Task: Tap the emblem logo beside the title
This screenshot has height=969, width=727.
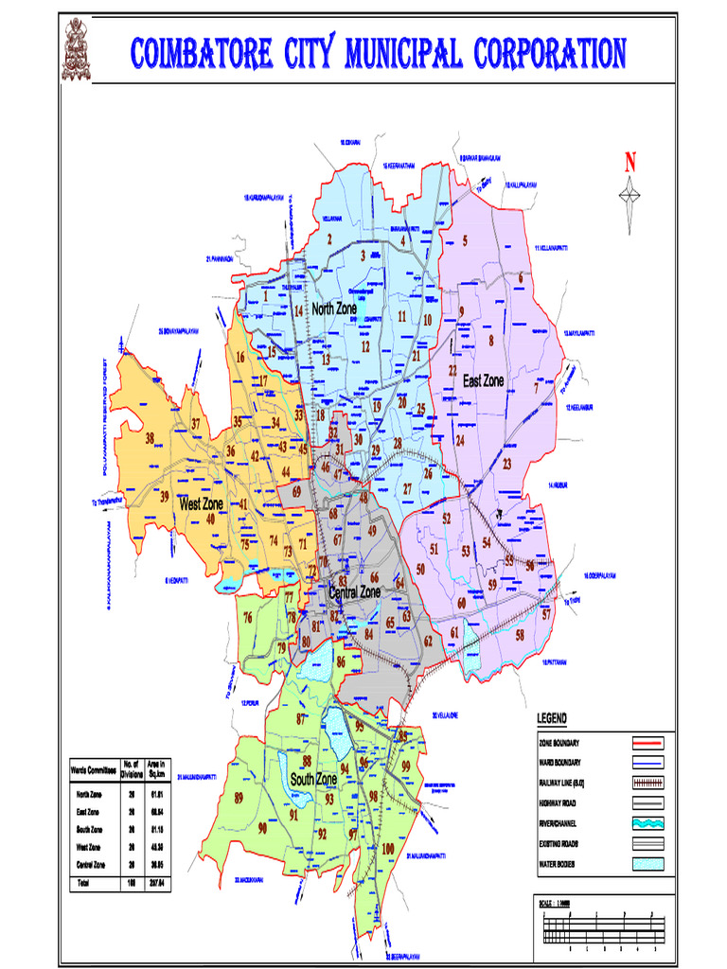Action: (78, 49)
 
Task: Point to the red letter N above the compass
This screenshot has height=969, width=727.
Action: (629, 164)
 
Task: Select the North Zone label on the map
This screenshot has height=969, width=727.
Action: (334, 308)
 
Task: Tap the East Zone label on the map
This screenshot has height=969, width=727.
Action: (483, 380)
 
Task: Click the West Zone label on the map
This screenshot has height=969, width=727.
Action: (202, 503)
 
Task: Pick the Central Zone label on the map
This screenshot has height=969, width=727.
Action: (354, 591)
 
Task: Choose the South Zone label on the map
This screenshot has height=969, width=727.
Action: (314, 779)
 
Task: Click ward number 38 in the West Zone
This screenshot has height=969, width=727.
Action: (150, 438)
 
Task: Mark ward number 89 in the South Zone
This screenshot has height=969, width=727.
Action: (239, 798)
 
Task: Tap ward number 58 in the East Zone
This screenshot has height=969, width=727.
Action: (520, 635)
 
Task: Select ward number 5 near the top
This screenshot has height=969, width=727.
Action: (465, 240)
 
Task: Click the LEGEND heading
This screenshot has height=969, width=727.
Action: (559, 719)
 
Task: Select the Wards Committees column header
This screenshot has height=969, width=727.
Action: (92, 770)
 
